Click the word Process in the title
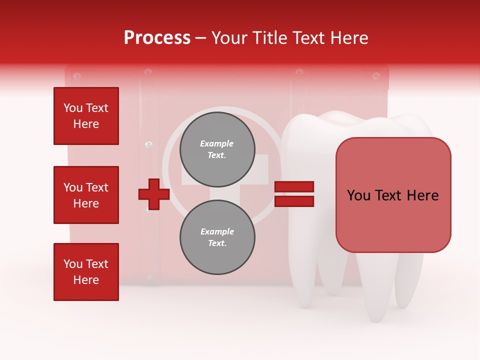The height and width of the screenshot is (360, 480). point(157,38)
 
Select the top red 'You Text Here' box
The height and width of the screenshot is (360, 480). point(86,116)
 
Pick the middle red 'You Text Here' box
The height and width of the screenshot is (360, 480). point(86,195)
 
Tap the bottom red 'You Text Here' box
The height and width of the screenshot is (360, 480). point(86,272)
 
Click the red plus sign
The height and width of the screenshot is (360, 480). point(153,194)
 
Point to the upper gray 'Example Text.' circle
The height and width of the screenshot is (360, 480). point(217,149)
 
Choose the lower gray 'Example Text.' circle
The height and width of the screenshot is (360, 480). point(217,237)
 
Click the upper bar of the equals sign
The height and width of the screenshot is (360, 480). point(294,187)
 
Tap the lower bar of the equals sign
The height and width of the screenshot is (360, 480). point(294,201)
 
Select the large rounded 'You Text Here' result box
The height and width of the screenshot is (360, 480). point(393,195)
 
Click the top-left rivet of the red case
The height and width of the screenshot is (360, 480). point(76,76)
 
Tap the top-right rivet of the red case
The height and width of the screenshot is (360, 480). point(376,76)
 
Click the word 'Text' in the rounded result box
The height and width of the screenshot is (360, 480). point(392,195)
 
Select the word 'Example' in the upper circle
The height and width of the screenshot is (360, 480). point(217,143)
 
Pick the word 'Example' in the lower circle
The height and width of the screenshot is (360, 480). point(217,231)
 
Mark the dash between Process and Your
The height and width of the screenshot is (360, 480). point(201,38)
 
